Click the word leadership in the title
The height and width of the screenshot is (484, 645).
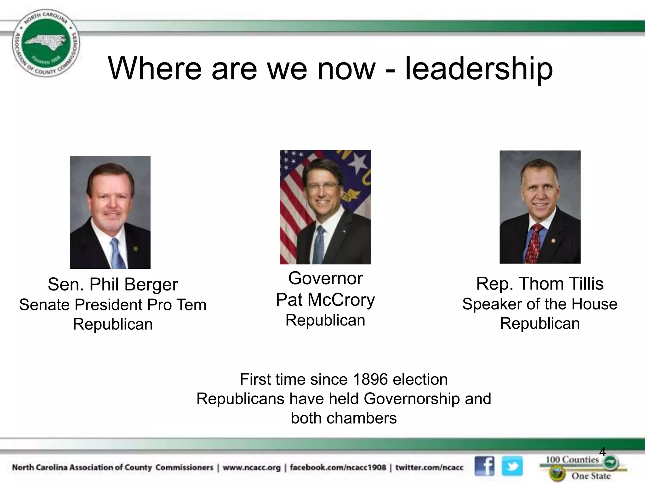pyautogui.click(x=479, y=69)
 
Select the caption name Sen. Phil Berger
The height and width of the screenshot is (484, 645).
pyautogui.click(x=113, y=284)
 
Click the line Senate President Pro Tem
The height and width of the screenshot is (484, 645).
pyautogui.click(x=113, y=305)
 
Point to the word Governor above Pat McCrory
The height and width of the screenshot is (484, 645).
pyautogui.click(x=325, y=279)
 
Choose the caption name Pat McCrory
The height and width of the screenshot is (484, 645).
pyautogui.click(x=325, y=299)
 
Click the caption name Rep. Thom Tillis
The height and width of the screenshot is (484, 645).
pyautogui.click(x=539, y=284)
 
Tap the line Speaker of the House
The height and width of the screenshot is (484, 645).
pyautogui.click(x=539, y=304)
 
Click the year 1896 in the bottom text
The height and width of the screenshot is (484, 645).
pyautogui.click(x=370, y=379)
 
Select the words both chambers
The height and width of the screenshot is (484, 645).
pyautogui.click(x=344, y=418)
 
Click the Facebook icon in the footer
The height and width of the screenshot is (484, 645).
pyautogui.click(x=484, y=466)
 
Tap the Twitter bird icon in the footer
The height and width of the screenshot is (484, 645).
pyautogui.click(x=512, y=466)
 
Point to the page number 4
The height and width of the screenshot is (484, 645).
pyautogui.click(x=602, y=452)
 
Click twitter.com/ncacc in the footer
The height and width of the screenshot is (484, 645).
pyautogui.click(x=429, y=467)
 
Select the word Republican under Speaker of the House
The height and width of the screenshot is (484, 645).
pyautogui.click(x=539, y=324)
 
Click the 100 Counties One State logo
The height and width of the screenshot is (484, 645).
pyautogui.click(x=583, y=468)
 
